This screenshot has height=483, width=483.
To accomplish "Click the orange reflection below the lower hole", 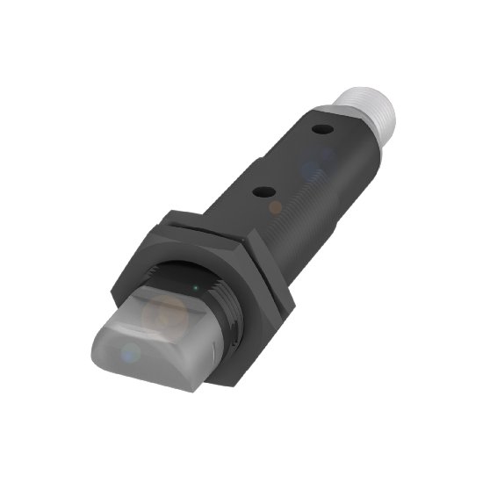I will (275, 207).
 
